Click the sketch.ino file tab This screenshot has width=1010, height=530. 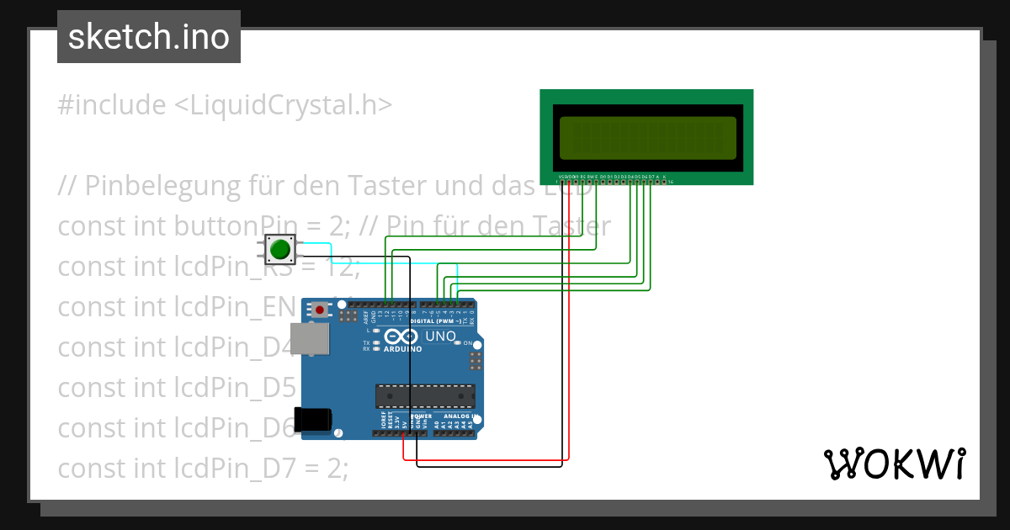[x=148, y=37]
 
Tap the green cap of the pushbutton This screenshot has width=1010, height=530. [x=279, y=249]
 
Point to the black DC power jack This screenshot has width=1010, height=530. [x=312, y=419]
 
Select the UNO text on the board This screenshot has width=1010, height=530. [x=440, y=337]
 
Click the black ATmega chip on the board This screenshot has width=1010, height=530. [x=424, y=395]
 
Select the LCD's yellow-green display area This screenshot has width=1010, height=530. [x=646, y=138]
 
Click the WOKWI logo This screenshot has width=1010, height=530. [x=894, y=464]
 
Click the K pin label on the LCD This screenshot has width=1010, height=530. [x=664, y=177]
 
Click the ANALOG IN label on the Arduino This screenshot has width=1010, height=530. [x=461, y=416]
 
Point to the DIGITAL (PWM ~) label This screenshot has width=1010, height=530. [x=443, y=321]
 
